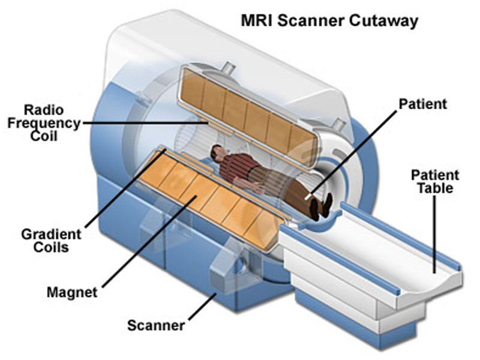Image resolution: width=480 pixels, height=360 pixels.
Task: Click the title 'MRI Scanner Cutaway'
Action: pos(329,20)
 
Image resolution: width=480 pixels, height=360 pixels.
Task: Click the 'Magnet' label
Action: pos(71,293)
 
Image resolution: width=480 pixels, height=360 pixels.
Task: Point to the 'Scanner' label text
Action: pos(155,326)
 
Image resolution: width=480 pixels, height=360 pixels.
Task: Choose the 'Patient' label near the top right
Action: pos(423,104)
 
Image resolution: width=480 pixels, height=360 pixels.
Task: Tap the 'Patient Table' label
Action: pos(435,182)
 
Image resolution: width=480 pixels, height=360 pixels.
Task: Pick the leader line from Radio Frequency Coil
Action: pos(144,123)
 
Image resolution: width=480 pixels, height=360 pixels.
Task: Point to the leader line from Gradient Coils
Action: pos(123,191)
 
